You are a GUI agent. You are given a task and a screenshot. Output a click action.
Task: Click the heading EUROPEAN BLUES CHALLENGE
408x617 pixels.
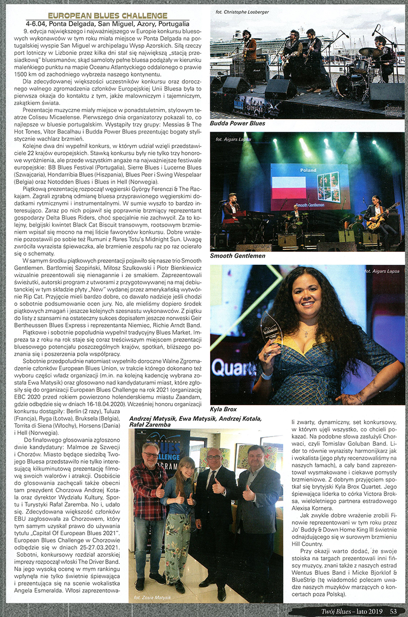[x=107, y=16]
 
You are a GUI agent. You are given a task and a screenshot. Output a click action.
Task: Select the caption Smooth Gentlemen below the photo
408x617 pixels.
[x=237, y=256]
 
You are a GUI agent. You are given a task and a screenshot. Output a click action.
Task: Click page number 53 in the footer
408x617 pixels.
[x=394, y=611]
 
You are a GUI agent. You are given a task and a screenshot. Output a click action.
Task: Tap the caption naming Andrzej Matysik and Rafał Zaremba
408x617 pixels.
[x=195, y=423]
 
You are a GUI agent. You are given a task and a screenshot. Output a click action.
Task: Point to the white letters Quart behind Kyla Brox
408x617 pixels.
[x=231, y=368]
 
